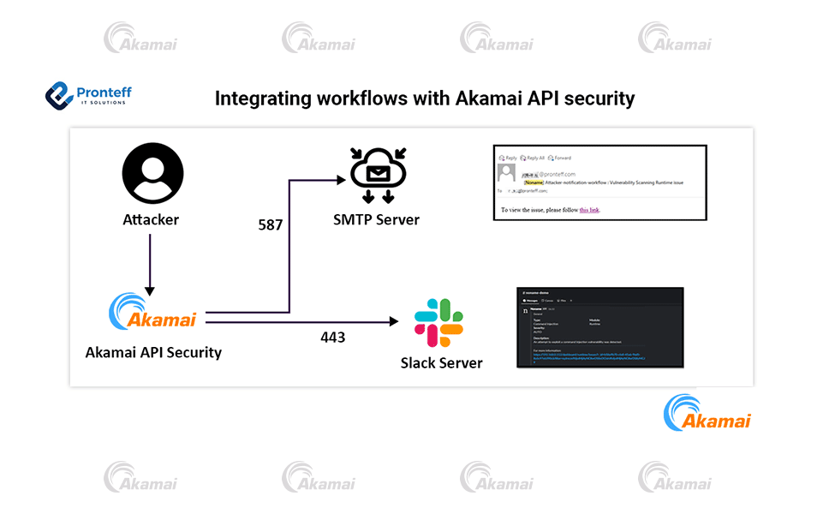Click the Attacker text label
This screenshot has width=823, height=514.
(151, 219)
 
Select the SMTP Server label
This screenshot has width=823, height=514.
(377, 219)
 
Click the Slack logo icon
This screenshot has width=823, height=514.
(438, 323)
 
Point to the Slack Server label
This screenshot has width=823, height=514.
(441, 362)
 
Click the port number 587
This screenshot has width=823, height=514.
(271, 225)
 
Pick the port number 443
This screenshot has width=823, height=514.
(332, 337)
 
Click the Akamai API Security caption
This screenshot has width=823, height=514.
(153, 352)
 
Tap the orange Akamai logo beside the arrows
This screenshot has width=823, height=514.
(152, 313)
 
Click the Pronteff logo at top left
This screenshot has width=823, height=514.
(88, 94)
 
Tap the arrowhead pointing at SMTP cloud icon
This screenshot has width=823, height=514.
(342, 180)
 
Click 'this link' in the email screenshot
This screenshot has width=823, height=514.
(589, 209)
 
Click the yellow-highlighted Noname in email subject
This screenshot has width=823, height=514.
(535, 182)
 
